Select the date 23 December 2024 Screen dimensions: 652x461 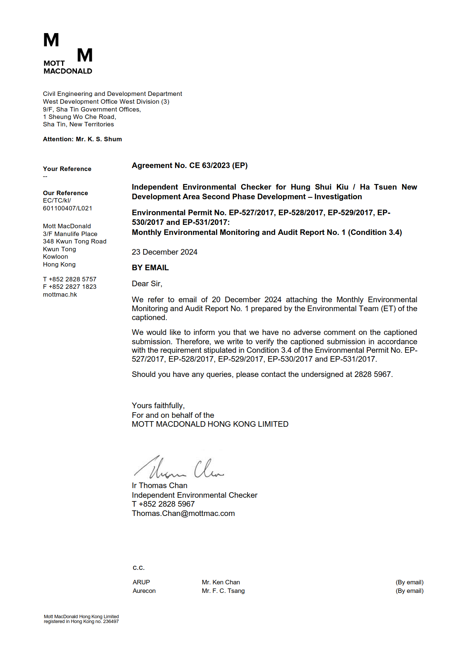(x=164, y=252)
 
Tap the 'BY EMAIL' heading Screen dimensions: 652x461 (x=150, y=268)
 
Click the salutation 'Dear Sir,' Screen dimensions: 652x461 (x=147, y=284)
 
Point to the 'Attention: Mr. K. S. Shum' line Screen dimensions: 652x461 (x=82, y=139)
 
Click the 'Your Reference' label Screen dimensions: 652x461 (x=67, y=169)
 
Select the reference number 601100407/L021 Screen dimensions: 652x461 (x=67, y=208)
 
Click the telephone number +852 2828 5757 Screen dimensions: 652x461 (x=72, y=279)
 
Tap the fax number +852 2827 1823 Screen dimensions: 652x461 (x=72, y=287)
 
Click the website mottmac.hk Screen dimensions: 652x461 (x=60, y=294)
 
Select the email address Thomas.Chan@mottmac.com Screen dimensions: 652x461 (x=183, y=513)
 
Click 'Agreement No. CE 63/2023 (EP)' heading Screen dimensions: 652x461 (x=190, y=165)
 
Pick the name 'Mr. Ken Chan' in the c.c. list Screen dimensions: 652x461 (x=221, y=582)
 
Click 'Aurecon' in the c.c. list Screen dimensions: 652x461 (x=144, y=591)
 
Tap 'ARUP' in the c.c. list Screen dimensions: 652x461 (x=141, y=582)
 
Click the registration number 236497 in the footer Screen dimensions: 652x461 (x=111, y=622)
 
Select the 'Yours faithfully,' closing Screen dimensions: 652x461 (x=158, y=406)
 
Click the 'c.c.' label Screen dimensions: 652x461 (x=138, y=568)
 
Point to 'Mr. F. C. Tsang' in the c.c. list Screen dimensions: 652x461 (x=223, y=591)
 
